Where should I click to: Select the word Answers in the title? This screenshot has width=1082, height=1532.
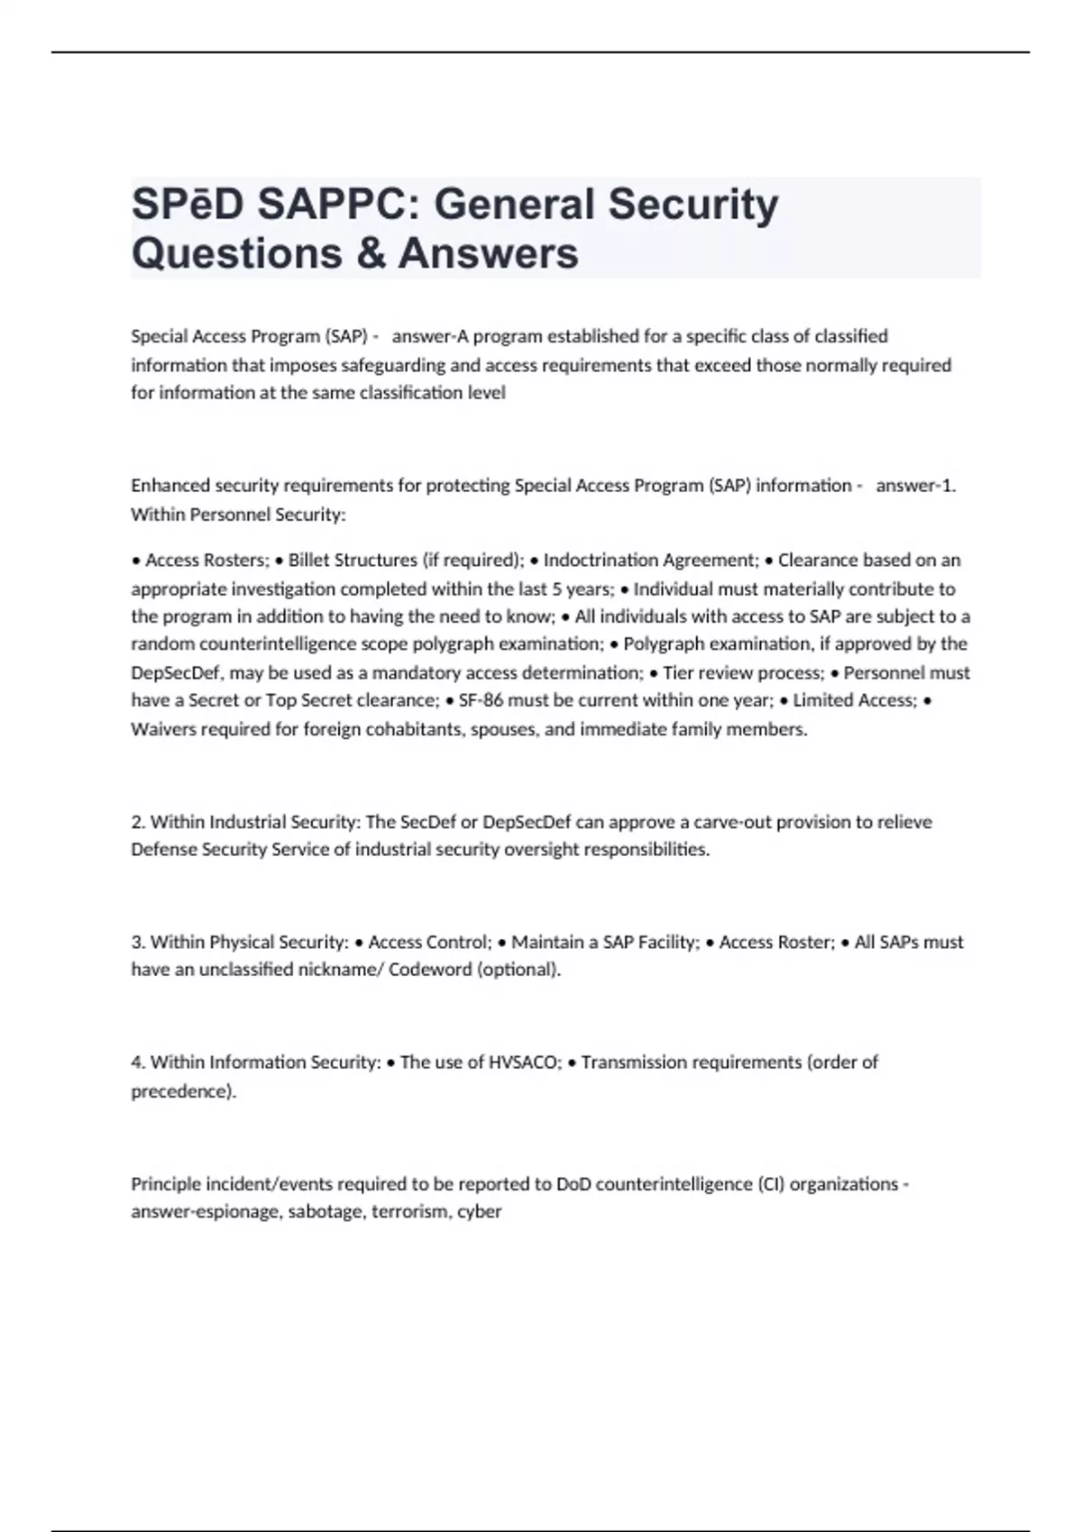(488, 253)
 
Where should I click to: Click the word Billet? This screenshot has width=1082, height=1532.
(309, 561)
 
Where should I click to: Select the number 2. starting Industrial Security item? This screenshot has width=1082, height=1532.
(138, 822)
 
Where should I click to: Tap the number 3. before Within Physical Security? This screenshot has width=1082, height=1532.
(138, 943)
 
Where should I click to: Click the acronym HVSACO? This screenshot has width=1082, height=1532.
(525, 1062)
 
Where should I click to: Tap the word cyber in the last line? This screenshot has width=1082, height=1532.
(479, 1212)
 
